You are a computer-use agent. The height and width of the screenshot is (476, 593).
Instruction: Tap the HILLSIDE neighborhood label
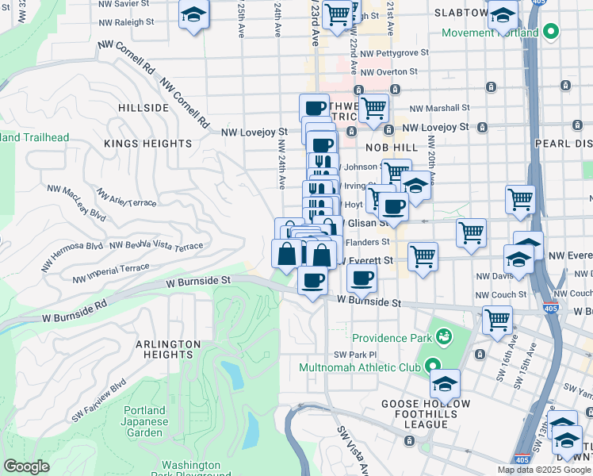coord(143,107)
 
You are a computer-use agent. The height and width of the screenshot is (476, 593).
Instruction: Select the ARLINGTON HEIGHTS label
coord(167,349)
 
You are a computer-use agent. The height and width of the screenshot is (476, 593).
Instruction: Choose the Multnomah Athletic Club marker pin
coord(432,367)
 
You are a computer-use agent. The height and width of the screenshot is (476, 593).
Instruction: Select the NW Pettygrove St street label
coord(394,52)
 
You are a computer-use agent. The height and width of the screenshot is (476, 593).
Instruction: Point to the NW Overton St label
coord(389,71)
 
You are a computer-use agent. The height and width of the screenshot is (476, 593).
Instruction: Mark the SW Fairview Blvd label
coord(99,401)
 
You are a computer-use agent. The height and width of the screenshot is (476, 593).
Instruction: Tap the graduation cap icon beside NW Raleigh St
coord(193,15)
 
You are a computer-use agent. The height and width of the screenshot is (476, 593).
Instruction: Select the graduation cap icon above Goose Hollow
coord(445,383)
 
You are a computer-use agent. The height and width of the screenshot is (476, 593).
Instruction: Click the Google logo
coord(26,466)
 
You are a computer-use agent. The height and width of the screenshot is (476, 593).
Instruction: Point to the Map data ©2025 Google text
coord(544,470)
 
